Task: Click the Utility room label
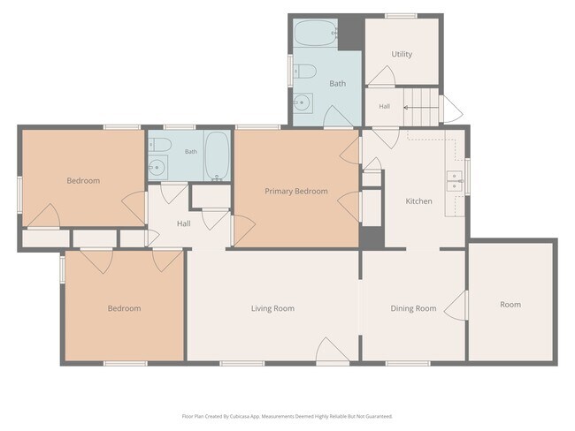pos(402,54)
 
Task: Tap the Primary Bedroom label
pos(296,191)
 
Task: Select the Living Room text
pos(272,308)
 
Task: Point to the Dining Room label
pos(413,308)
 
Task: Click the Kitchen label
pos(418,201)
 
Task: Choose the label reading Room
pos(510,305)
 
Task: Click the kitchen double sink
pos(455,181)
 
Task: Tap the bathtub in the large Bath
pos(316,33)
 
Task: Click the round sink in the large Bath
pos(303,103)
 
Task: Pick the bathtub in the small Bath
pos(217,156)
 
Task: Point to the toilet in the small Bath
pos(160,145)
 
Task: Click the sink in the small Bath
pos(157,167)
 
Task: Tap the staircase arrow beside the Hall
pos(421,107)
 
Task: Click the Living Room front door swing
pos(333,350)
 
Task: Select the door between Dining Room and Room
pos(456,306)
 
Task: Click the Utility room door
pos(381,76)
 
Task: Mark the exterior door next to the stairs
pos(451,110)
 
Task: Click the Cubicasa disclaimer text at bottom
pos(287,416)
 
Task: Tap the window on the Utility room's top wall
pos(401,16)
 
